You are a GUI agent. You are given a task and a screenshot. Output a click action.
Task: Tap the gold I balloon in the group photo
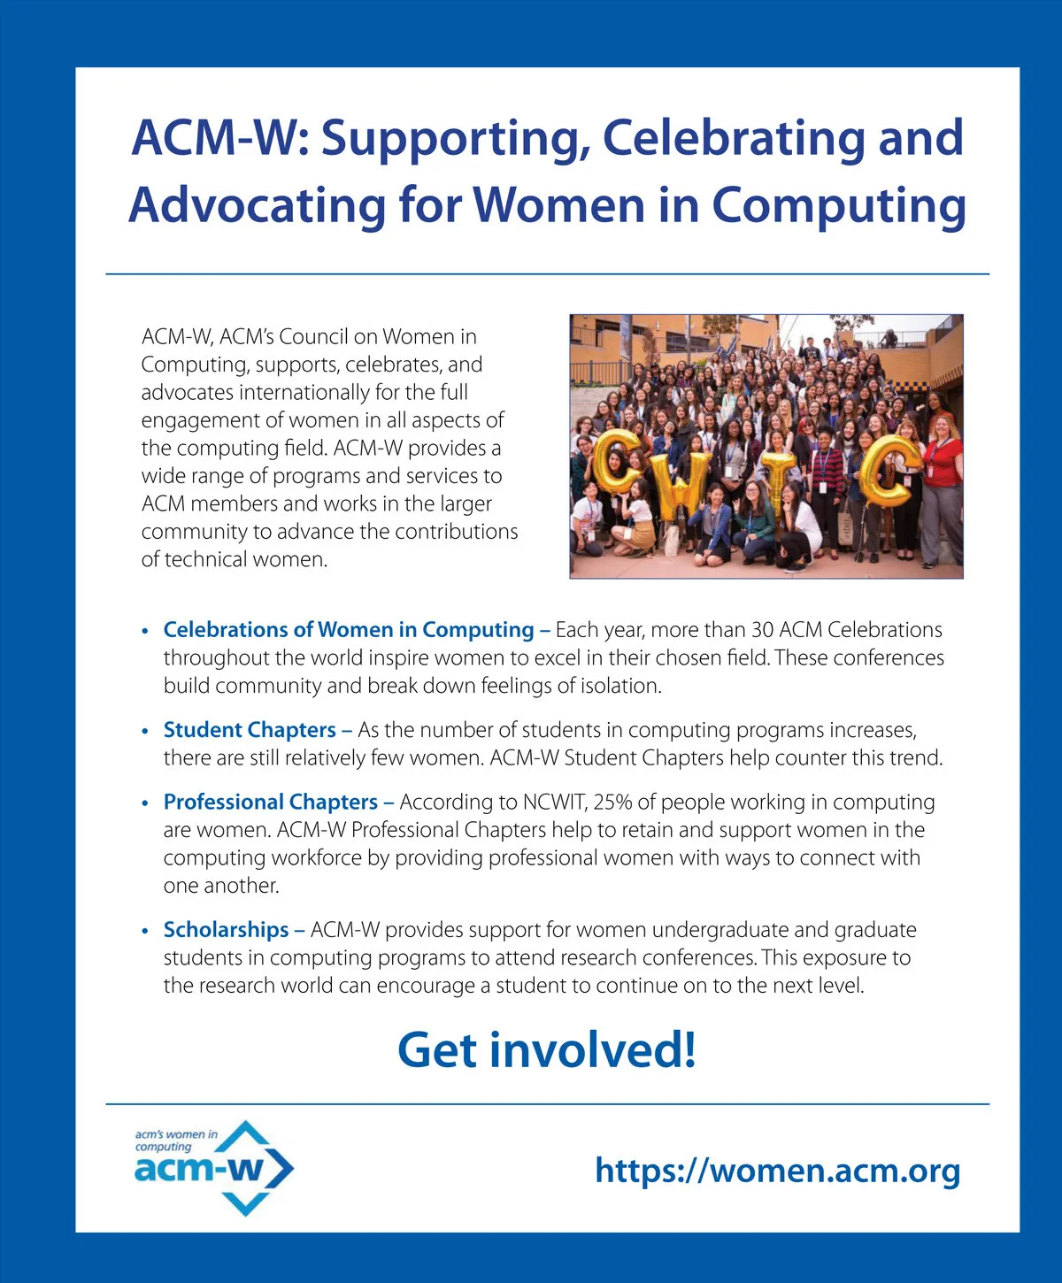click(x=779, y=482)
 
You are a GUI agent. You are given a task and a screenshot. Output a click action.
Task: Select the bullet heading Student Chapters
click(x=250, y=730)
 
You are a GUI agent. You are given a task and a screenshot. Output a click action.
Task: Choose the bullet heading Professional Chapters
click(x=271, y=802)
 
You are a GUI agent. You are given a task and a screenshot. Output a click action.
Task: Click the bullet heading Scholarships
click(x=226, y=930)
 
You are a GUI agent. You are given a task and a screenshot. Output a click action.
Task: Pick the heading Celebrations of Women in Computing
click(x=349, y=630)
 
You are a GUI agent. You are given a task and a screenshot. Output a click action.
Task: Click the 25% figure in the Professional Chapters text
click(x=612, y=802)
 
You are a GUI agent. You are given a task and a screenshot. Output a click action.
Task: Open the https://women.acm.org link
click(x=777, y=1170)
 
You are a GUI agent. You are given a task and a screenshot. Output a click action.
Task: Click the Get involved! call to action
click(x=547, y=1049)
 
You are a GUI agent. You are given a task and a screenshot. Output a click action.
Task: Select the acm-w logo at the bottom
click(x=213, y=1167)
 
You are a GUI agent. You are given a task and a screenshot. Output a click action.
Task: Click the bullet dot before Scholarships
click(x=145, y=932)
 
